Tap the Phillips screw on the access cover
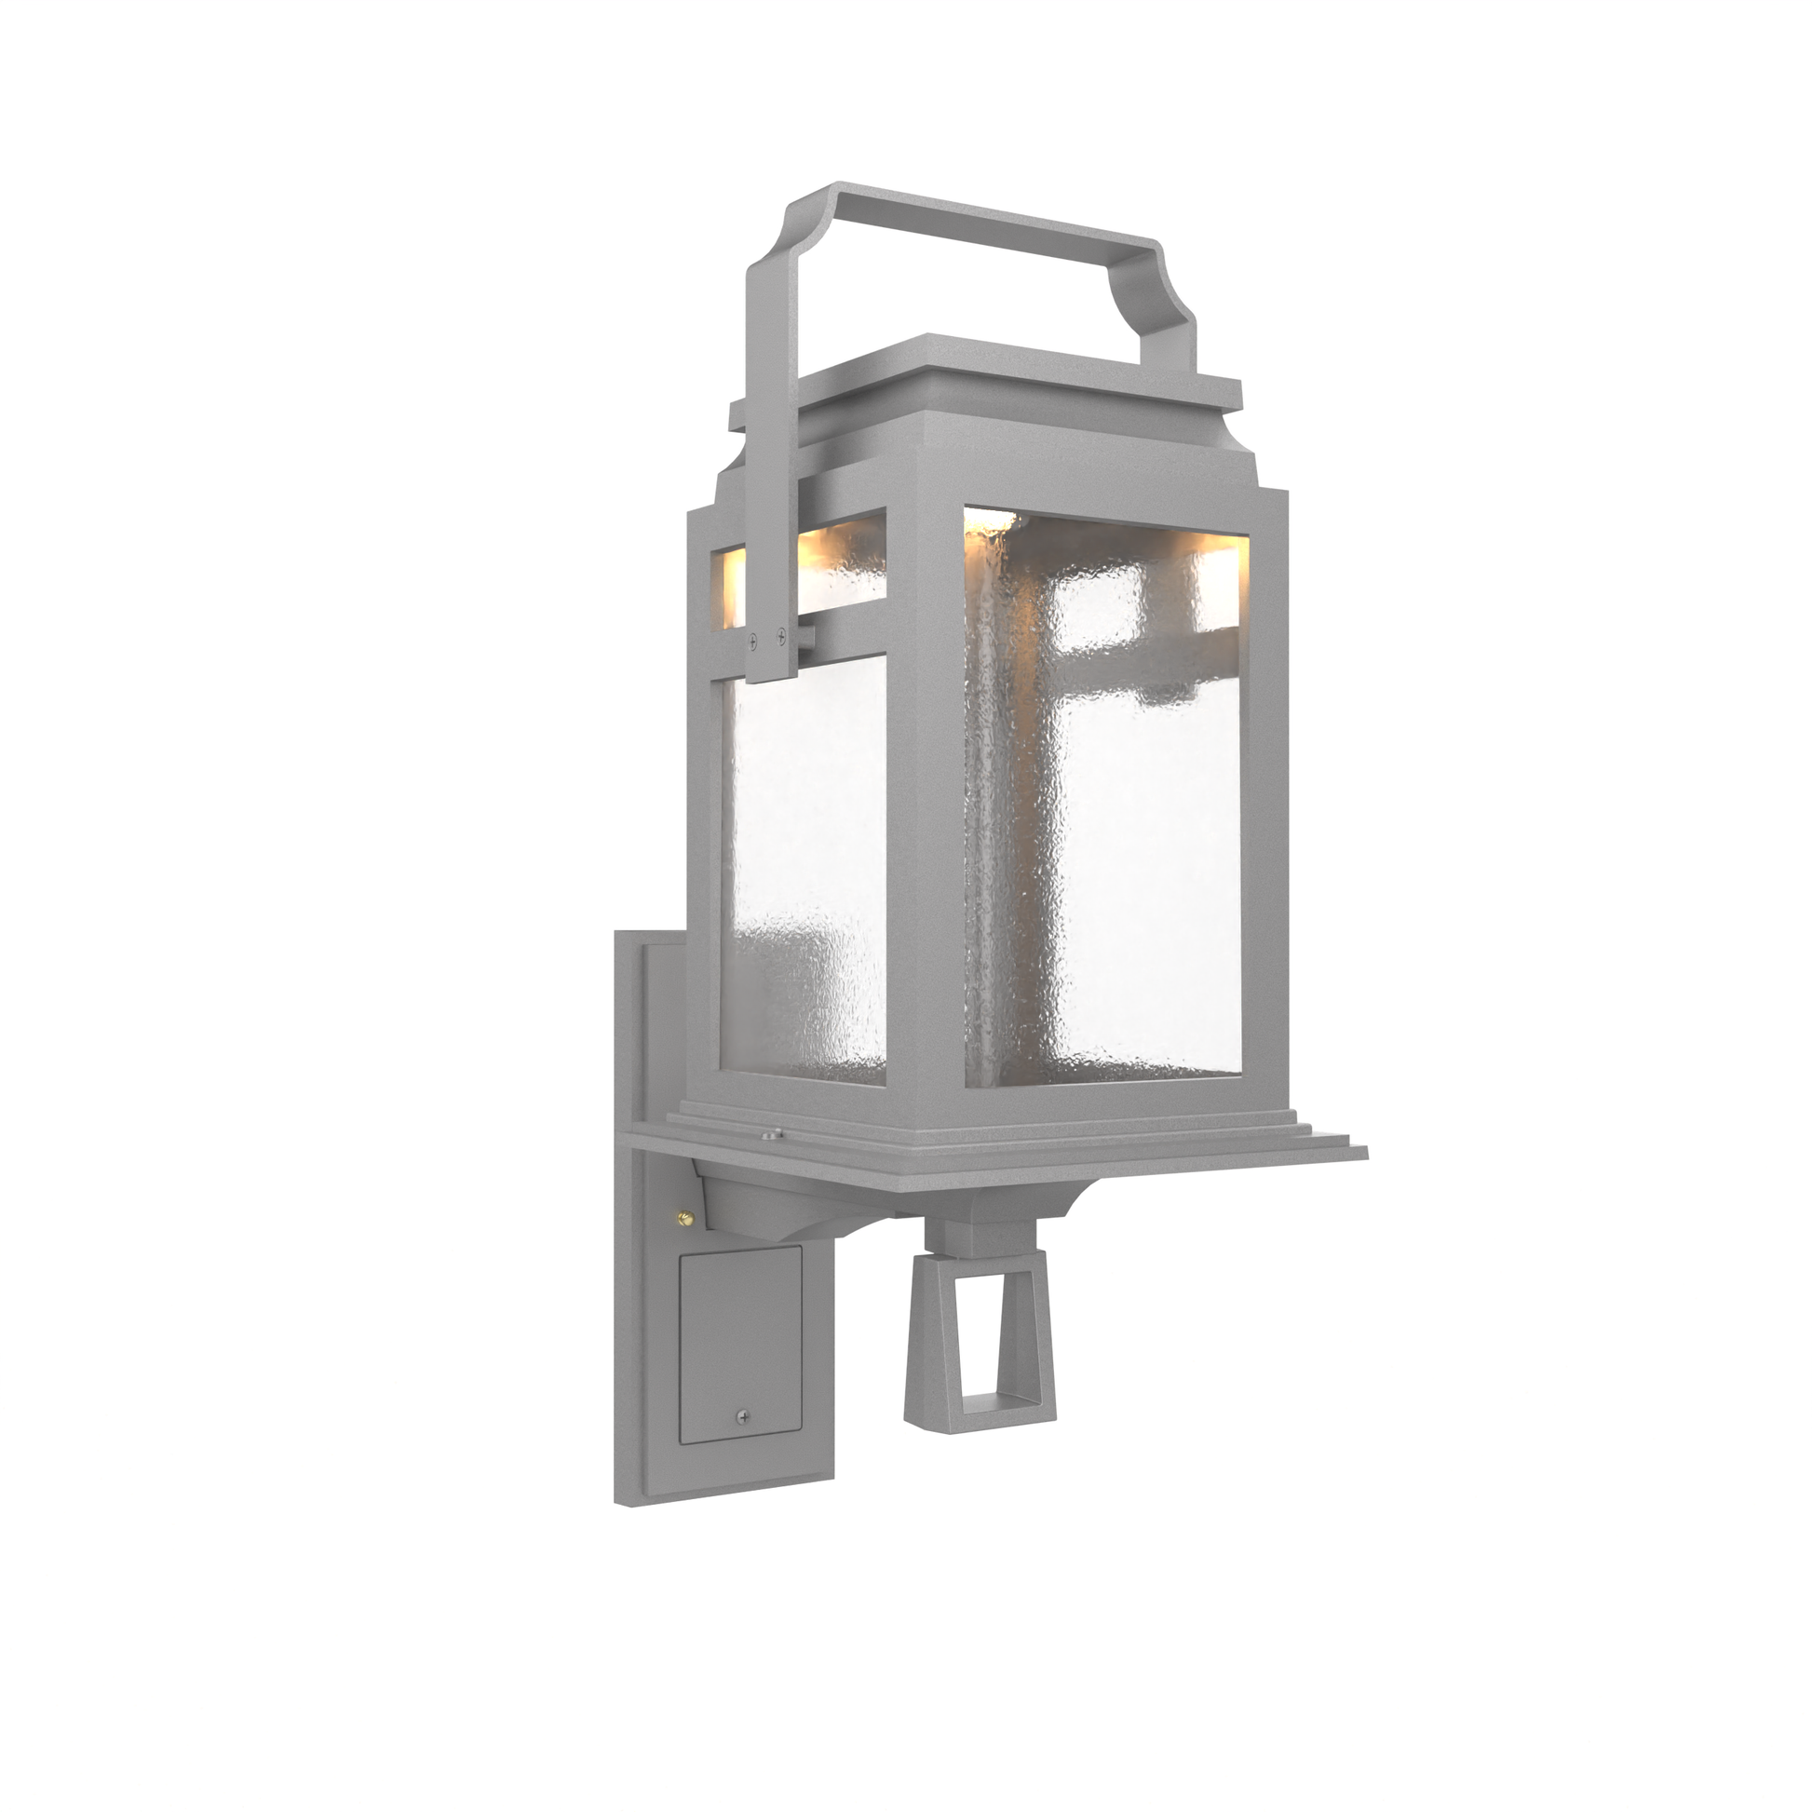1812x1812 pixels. coord(743,1442)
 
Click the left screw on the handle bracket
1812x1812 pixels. coord(752,641)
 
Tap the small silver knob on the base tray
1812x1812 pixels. coord(771,1134)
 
